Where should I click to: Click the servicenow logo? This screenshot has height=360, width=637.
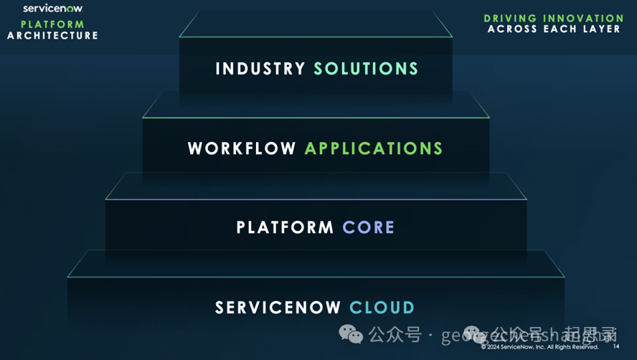tap(52, 9)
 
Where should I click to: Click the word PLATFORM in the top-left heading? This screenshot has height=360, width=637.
tap(52, 24)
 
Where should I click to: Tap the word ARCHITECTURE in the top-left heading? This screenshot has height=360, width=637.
tap(52, 35)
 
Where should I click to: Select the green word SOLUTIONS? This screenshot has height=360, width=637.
tap(366, 69)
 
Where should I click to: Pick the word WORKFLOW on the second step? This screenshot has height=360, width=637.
tap(242, 148)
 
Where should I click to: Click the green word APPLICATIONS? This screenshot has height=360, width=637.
tap(374, 148)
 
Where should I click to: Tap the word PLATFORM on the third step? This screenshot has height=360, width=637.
tap(286, 228)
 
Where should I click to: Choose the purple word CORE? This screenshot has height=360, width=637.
tap(369, 228)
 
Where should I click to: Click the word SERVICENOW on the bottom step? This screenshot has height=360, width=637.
tap(278, 308)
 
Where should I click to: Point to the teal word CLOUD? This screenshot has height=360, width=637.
tap(382, 308)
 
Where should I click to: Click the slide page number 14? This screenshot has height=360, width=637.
tap(616, 347)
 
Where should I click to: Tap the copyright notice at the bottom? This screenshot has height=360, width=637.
tap(539, 347)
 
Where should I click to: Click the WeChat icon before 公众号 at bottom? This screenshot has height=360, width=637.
tap(351, 334)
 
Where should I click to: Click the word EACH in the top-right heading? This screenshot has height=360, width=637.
tap(558, 29)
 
